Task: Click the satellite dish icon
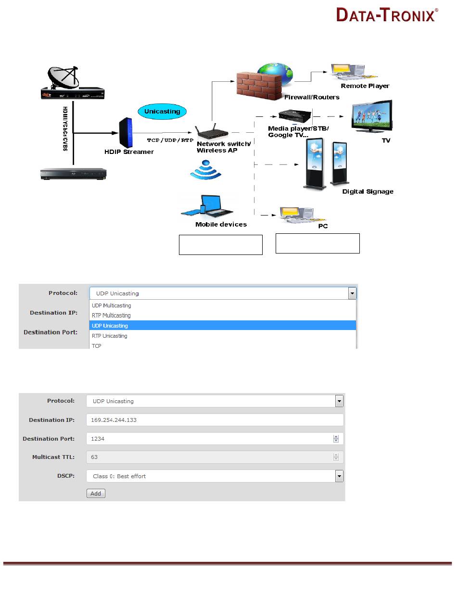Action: [x=63, y=77]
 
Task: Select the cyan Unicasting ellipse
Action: [x=163, y=111]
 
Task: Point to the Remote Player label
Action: [x=365, y=86]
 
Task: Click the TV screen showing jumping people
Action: [x=371, y=117]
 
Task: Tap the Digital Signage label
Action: [x=368, y=191]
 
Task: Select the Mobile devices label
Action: [x=221, y=224]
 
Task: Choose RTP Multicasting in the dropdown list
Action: [x=111, y=316]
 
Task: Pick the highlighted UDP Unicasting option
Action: [x=223, y=326]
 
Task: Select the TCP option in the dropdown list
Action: [x=97, y=345]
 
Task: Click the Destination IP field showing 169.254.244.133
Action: [x=215, y=420]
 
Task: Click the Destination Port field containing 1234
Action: [x=210, y=439]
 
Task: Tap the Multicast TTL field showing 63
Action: [x=210, y=457]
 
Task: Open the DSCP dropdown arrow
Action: [x=339, y=476]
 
